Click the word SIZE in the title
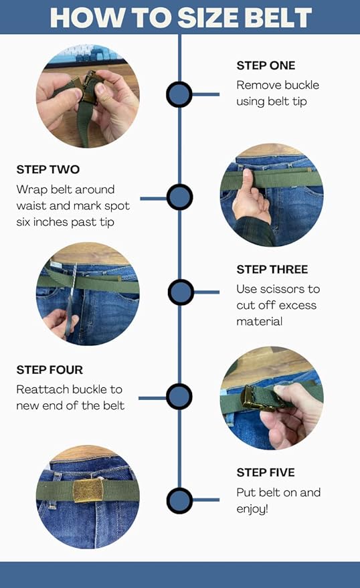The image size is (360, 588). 207,17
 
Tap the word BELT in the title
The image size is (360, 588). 278,17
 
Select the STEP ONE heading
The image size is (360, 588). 266,66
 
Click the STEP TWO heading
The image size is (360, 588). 48,169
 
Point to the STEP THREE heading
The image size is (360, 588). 272,270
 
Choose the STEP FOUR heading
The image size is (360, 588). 50,370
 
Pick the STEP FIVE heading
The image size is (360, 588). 266,472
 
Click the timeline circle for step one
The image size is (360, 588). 179,94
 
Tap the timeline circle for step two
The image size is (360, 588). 179,197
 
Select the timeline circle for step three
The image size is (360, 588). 181,292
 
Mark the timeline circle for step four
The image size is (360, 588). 179,397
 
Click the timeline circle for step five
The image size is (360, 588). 179,500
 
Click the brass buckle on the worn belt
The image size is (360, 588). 88,490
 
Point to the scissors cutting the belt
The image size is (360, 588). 71,300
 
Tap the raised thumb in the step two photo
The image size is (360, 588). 248,184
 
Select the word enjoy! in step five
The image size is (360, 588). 252,509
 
